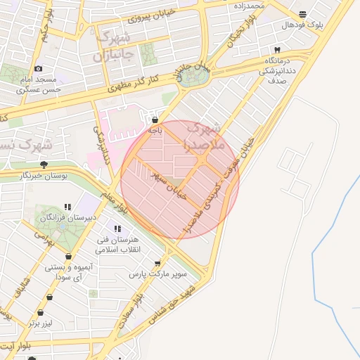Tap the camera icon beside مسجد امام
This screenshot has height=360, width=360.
pos(38,69)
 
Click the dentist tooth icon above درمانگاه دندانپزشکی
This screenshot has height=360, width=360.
pos(277,50)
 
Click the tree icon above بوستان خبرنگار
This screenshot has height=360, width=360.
pos(44,165)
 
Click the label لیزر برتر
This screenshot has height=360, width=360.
pos(41,323)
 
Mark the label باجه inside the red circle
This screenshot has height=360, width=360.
pos(155,130)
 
